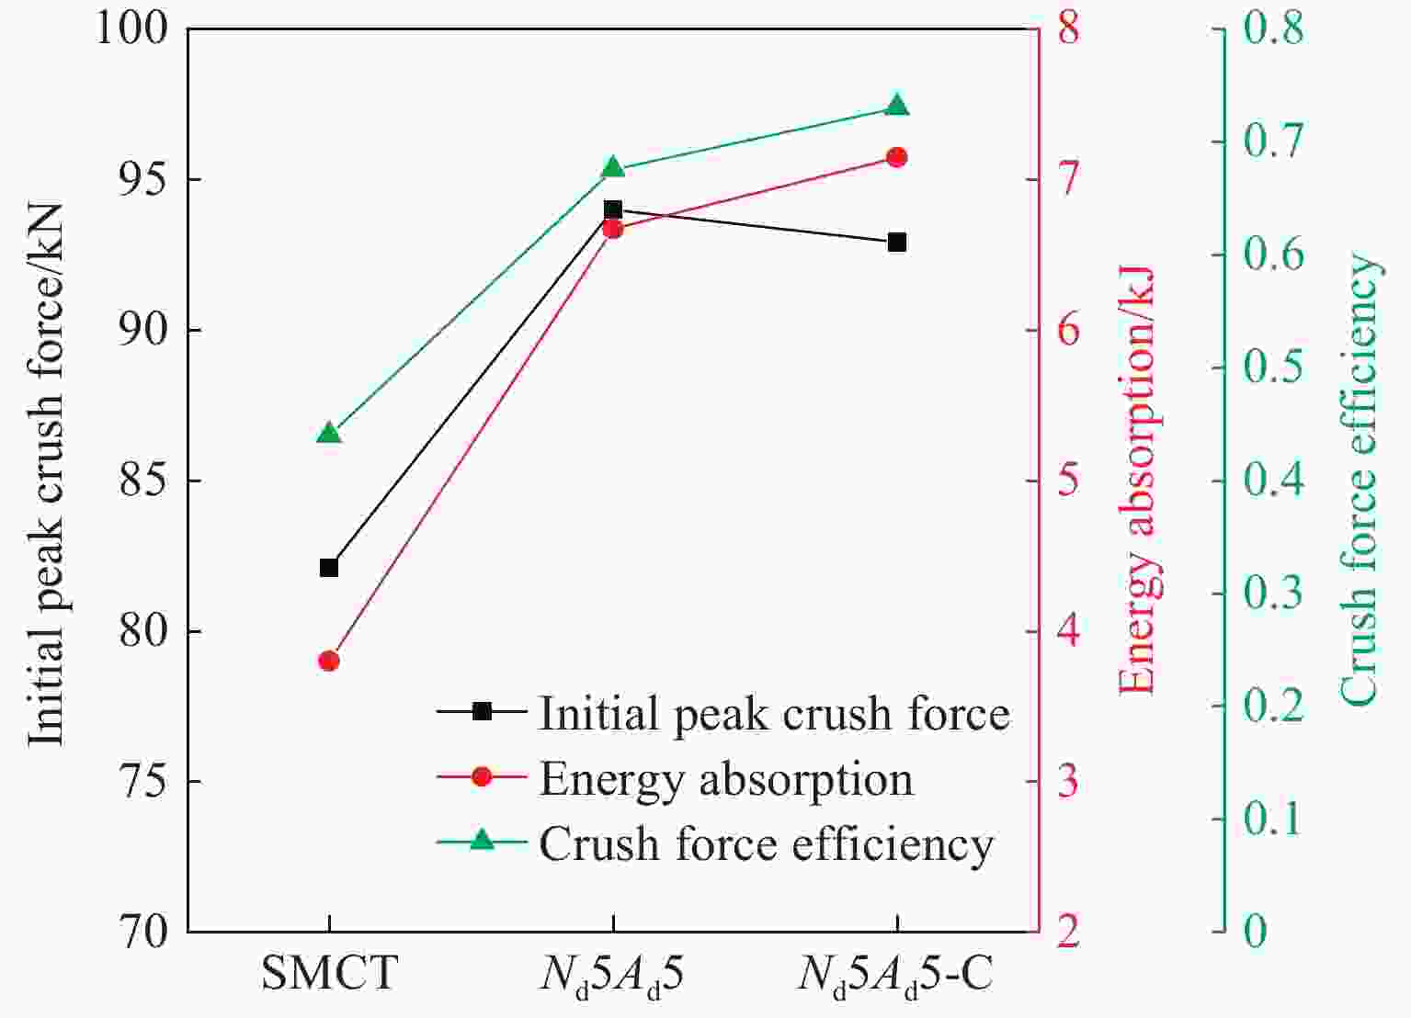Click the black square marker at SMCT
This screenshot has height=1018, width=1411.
[329, 568]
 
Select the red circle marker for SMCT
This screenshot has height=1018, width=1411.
[329, 661]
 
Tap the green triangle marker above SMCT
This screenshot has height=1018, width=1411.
[329, 434]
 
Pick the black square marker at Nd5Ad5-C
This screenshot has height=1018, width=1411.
[897, 243]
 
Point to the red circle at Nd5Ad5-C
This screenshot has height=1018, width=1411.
[897, 157]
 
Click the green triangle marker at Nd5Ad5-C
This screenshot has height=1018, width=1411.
[897, 107]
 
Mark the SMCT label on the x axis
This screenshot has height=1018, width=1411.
[329, 973]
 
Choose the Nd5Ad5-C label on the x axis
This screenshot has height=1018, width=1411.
[895, 974]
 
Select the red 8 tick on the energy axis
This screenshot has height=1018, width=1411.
[1069, 29]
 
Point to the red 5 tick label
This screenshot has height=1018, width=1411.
[1069, 481]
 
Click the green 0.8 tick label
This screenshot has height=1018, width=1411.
[1272, 29]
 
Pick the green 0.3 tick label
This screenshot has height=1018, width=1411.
[1272, 594]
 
